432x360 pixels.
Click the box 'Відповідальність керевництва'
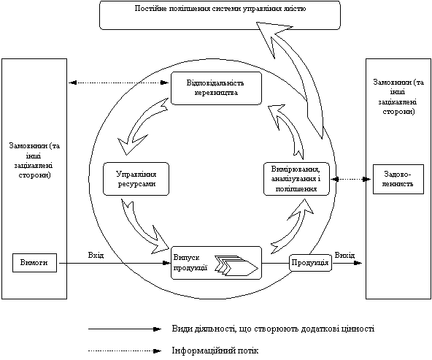click(x=216, y=88)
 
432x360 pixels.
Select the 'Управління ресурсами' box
click(x=136, y=179)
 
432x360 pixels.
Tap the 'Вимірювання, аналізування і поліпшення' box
click(x=296, y=179)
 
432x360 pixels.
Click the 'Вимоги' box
click(x=34, y=263)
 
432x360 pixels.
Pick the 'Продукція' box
click(x=310, y=263)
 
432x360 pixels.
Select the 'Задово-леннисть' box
click(x=398, y=179)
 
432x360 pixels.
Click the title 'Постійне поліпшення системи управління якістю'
click(x=220, y=9)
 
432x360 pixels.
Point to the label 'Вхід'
click(x=96, y=256)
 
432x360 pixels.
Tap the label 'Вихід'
click(x=344, y=256)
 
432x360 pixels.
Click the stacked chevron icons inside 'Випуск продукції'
click(x=236, y=266)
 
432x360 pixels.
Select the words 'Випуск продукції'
click(x=190, y=262)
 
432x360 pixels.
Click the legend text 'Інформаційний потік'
click(x=215, y=351)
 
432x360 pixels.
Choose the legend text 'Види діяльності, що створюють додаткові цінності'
click(x=273, y=329)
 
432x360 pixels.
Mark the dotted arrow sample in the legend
click(x=125, y=351)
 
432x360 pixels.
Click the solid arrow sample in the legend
click(x=125, y=329)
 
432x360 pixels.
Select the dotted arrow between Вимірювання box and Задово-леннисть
click(x=351, y=180)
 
